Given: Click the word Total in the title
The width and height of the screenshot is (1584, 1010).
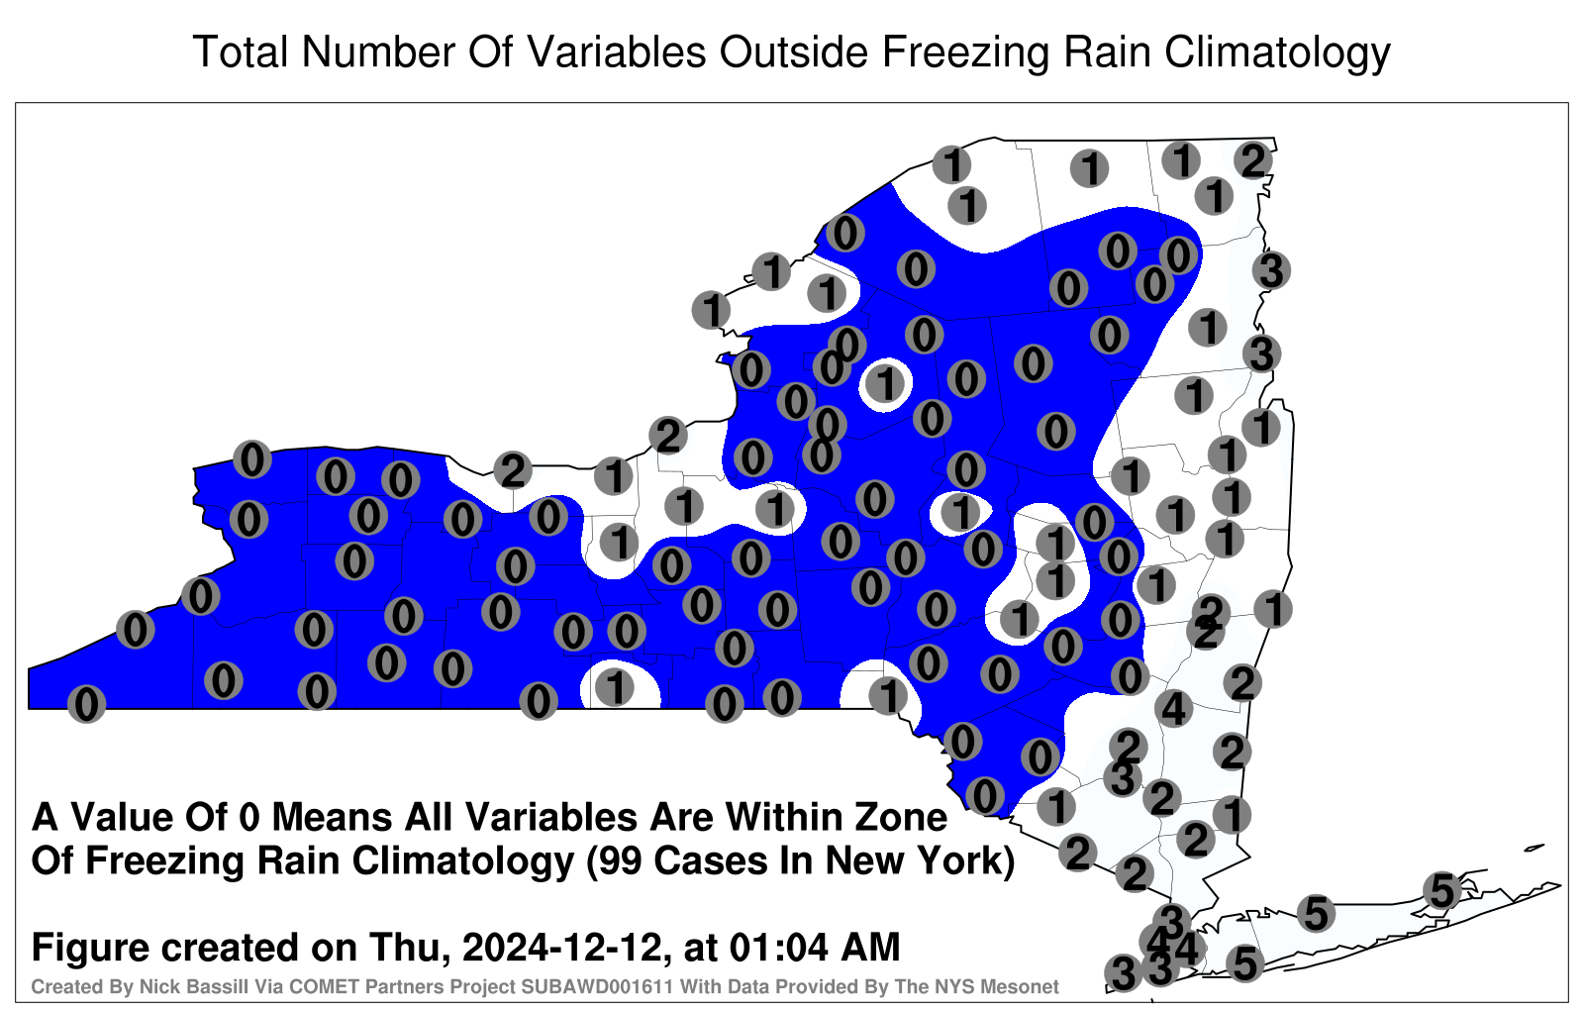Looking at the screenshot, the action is [x=241, y=51].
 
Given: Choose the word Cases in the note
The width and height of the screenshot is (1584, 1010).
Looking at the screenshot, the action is [x=709, y=861].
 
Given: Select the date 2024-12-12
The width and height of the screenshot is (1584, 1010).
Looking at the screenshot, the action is [x=561, y=948].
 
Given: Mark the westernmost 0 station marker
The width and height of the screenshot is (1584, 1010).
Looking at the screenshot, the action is [x=86, y=704].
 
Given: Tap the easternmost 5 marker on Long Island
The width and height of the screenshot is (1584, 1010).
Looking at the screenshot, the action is [x=1441, y=890].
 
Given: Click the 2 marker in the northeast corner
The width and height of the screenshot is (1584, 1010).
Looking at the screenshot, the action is [x=1253, y=160].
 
